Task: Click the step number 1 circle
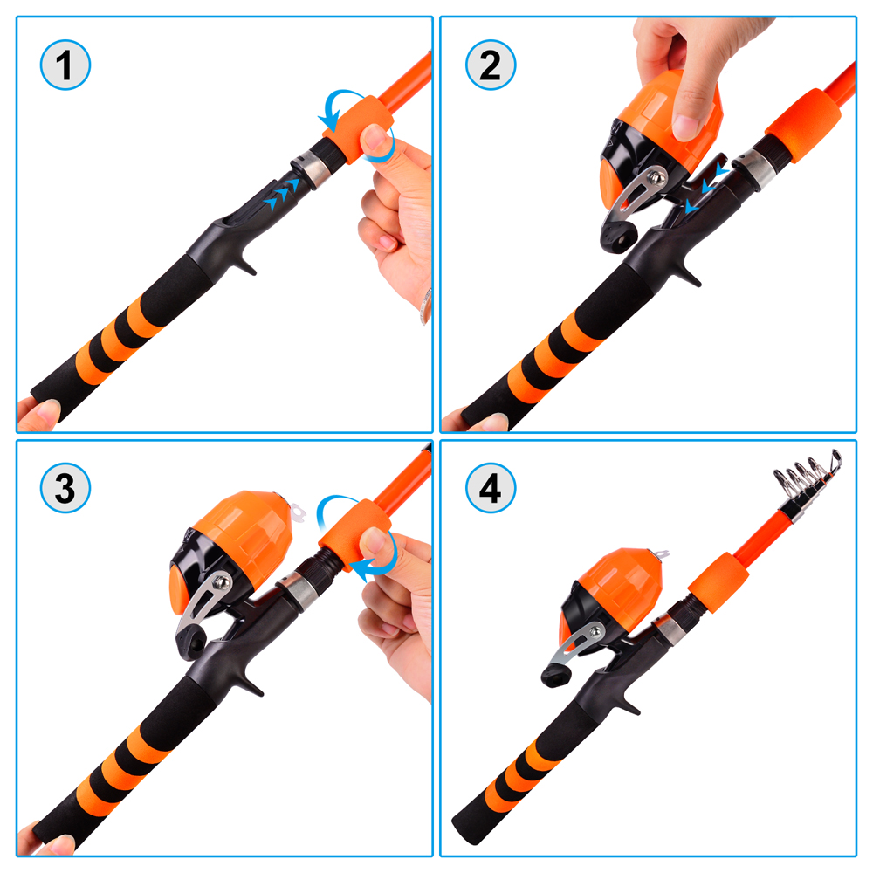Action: (65, 66)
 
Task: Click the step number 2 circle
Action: (491, 66)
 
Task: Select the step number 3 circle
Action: (65, 490)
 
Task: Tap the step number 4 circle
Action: (491, 490)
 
